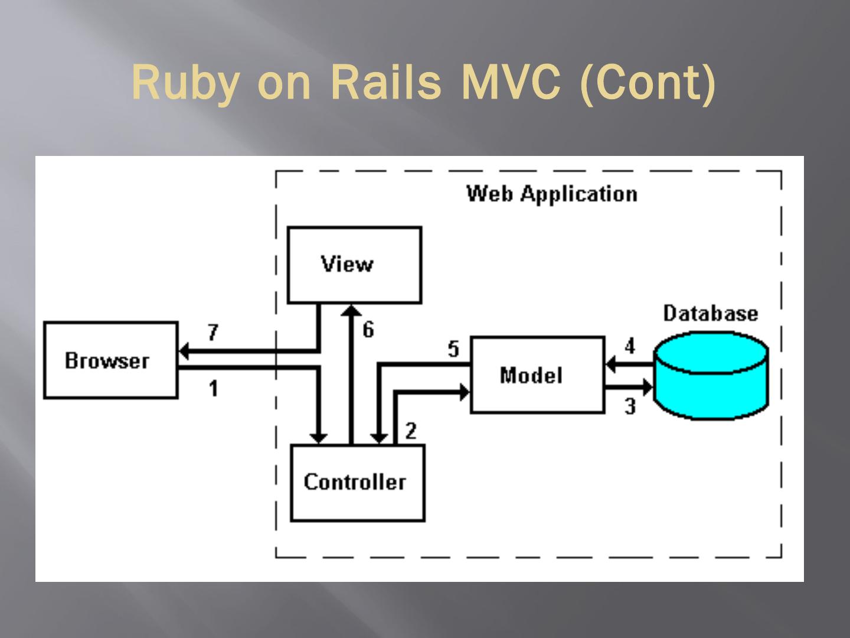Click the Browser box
tap(111, 360)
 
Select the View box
tap(354, 265)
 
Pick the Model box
tap(537, 375)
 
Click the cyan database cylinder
tap(711, 378)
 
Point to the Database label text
tap(710, 313)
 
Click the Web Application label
tap(552, 194)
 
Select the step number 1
tap(213, 388)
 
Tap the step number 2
tap(411, 431)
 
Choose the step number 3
tap(630, 406)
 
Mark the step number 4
tap(630, 346)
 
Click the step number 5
tap(453, 349)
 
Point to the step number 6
tap(368, 329)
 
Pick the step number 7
tap(213, 333)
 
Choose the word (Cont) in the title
tap(648, 83)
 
